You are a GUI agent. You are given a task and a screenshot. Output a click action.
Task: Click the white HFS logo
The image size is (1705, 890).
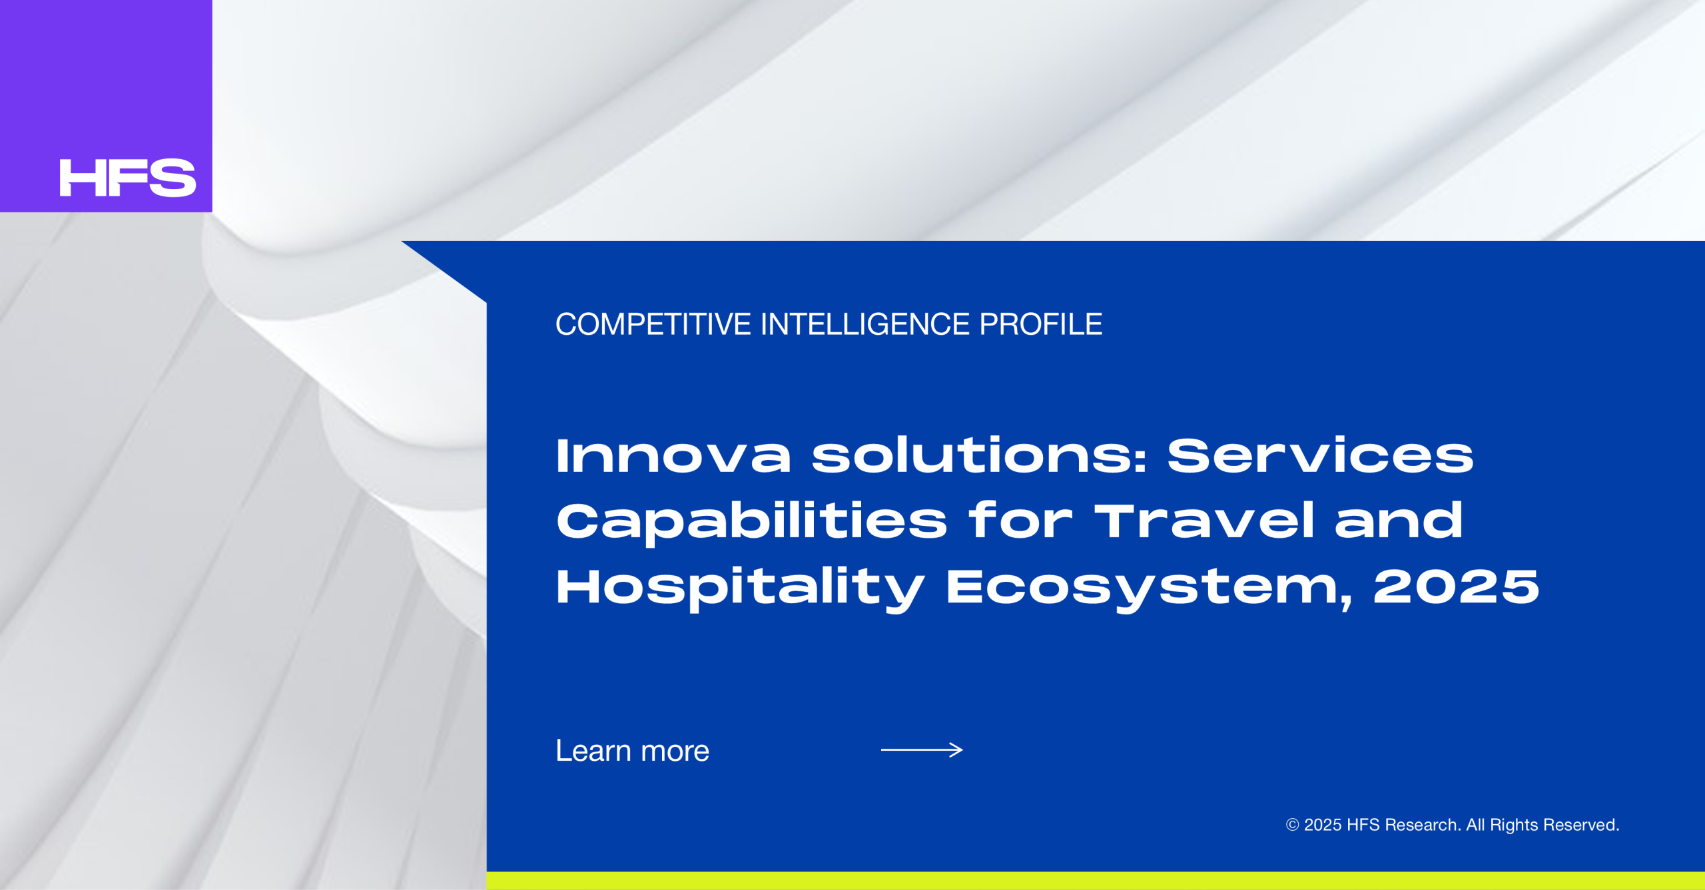[128, 178]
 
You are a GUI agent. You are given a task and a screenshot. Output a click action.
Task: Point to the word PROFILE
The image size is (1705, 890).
[1041, 324]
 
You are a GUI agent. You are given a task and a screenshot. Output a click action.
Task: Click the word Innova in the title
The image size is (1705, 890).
[674, 456]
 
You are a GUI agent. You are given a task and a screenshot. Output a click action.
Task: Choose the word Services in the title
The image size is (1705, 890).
[1321, 456]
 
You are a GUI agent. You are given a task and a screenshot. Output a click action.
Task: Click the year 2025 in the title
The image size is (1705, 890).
[1457, 587]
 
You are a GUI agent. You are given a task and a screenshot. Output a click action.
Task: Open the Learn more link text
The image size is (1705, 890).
[633, 751]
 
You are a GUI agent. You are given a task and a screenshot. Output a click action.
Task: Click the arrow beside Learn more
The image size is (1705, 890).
[922, 750]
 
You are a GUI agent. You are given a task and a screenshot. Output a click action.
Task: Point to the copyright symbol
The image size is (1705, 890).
[1292, 825]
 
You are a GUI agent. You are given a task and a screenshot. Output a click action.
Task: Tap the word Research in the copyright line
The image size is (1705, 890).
[1423, 825]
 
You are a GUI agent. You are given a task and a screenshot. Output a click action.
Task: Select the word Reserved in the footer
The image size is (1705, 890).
[1582, 825]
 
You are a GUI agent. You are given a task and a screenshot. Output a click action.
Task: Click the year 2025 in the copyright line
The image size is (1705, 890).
[1323, 825]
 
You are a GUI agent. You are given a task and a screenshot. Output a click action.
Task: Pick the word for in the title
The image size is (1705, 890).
[1021, 521]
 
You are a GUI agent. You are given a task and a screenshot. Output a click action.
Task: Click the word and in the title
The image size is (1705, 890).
[1399, 521]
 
